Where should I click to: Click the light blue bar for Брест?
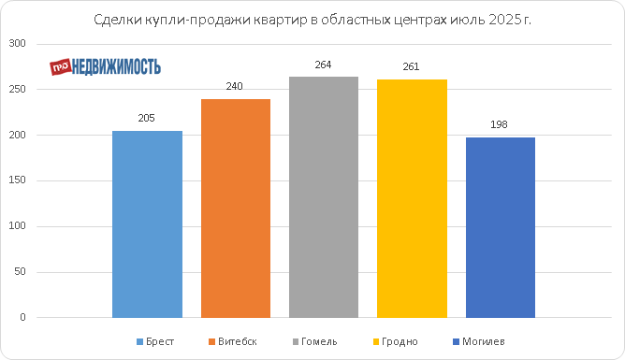point(147,224)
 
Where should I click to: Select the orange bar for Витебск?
point(236,209)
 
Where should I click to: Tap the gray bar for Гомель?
point(324,197)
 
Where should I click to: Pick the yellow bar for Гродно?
point(412,199)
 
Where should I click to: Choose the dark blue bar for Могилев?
point(501,227)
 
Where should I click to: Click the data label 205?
point(146,118)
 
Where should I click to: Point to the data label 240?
point(234,86)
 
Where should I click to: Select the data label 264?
point(323,65)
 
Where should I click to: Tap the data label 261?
point(411,66)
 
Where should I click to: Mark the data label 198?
point(499,124)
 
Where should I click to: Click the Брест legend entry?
point(155,341)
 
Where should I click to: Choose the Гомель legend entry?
point(315,341)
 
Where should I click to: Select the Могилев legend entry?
point(479,341)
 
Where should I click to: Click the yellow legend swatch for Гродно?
point(376,342)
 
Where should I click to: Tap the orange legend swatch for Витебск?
point(211,342)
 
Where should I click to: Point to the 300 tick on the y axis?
point(17,43)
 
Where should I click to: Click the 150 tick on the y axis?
point(17,180)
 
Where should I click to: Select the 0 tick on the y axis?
point(22,317)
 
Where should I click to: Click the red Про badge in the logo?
point(61,67)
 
